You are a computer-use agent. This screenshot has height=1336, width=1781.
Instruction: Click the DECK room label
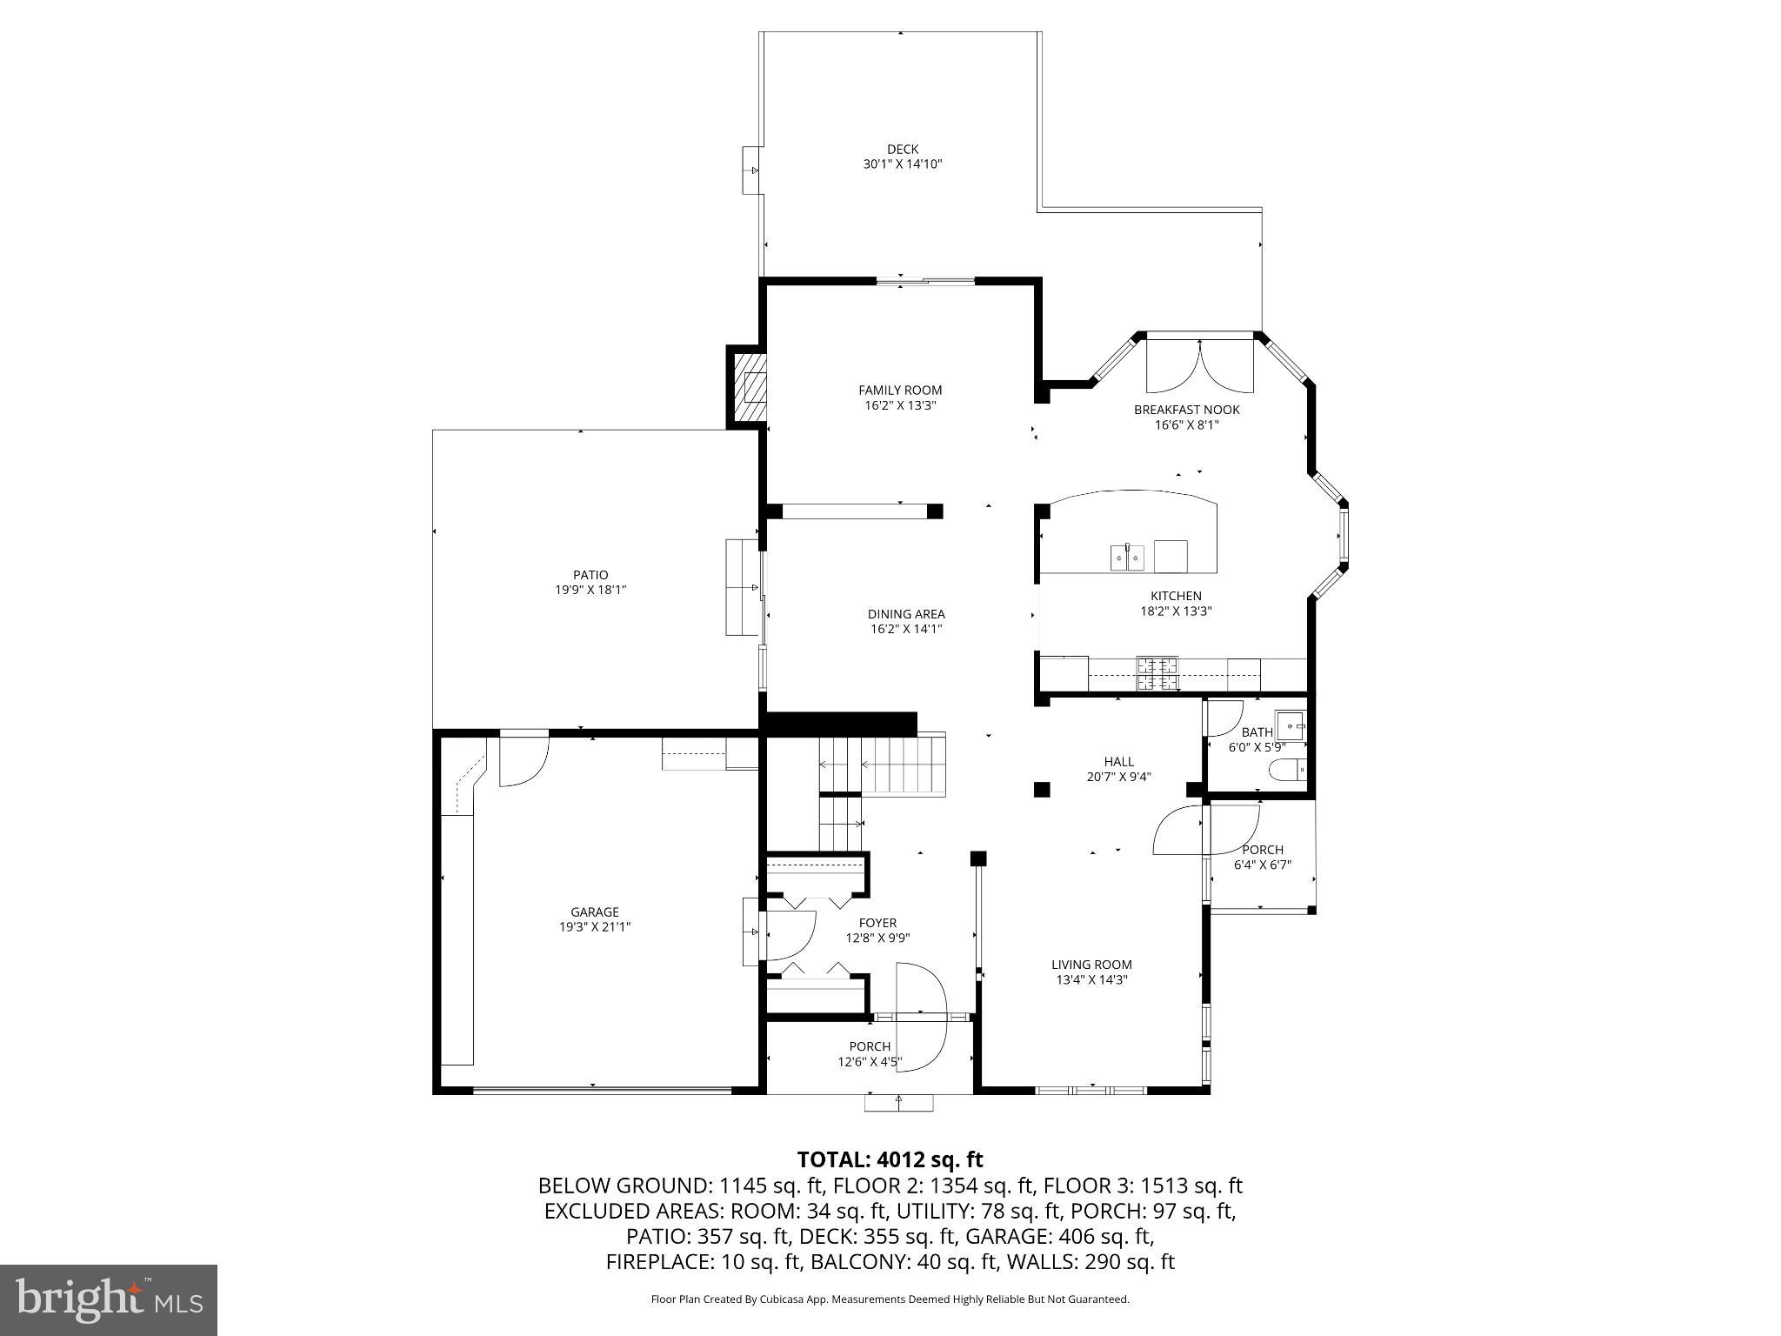coord(903,150)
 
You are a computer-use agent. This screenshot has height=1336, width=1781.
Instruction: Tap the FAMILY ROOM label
coord(900,391)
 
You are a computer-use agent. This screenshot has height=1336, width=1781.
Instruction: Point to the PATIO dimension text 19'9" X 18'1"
coord(590,590)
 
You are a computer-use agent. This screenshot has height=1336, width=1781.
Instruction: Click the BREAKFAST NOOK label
coord(1186,410)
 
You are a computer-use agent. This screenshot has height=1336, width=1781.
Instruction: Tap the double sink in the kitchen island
coord(1128,558)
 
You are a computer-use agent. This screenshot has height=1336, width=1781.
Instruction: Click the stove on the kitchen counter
coord(1157,672)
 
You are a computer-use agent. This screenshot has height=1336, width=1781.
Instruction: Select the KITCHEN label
coord(1176,597)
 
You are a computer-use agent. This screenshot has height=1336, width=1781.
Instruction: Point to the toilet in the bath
coord(1288,769)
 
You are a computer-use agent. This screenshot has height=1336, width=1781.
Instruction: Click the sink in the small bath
coord(1291,725)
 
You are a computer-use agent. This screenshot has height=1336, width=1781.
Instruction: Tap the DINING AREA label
coord(906,614)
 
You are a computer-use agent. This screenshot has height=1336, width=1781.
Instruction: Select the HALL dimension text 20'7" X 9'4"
coord(1118,777)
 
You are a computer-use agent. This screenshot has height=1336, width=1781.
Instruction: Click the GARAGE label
coord(595,912)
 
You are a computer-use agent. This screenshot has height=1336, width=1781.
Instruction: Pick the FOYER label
coord(877,923)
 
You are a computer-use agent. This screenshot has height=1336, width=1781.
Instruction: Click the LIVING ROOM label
coord(1091,965)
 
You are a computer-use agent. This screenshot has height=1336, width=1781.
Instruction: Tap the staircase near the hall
coord(883,765)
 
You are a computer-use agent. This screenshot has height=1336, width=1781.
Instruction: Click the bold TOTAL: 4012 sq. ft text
coord(890,1159)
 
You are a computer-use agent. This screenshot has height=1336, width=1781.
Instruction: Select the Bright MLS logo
coord(109,1300)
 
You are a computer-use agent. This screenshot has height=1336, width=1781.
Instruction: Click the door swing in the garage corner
coord(523,761)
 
